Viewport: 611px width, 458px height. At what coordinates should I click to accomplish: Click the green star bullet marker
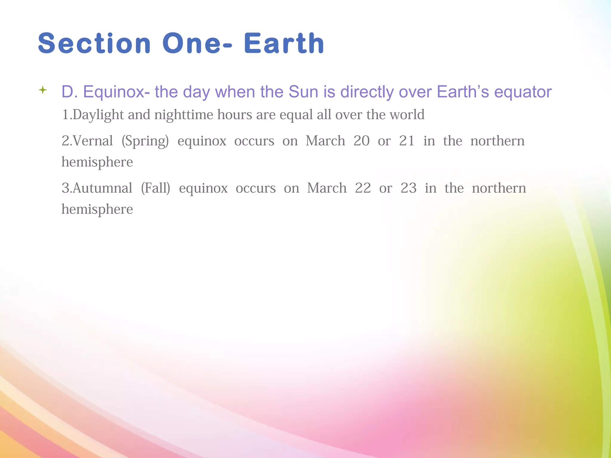[43, 90]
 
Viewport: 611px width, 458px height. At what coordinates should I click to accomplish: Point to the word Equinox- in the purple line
[116, 92]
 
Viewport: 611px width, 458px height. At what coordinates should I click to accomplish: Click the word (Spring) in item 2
[145, 141]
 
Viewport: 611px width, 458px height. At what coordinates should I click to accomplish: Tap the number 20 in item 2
[361, 141]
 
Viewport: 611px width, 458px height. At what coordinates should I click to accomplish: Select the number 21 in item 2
[407, 141]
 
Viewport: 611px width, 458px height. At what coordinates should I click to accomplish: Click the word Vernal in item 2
[93, 141]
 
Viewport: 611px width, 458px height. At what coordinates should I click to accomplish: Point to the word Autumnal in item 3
[102, 188]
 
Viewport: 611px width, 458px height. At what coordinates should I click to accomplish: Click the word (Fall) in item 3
[155, 188]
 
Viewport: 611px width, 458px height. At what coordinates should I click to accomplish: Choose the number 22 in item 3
[363, 188]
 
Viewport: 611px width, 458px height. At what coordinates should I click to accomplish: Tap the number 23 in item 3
[408, 188]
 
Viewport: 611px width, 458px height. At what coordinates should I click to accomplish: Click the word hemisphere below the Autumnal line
[97, 209]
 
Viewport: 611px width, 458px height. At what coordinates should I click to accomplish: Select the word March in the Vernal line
[325, 141]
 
